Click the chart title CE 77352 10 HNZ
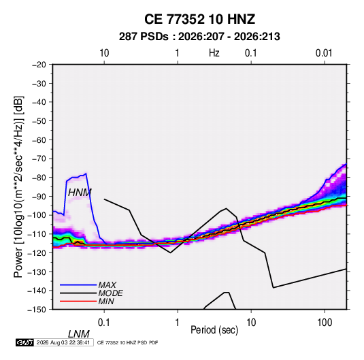pos(199,19)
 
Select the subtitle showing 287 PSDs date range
pos(199,37)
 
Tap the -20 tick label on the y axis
pos(39,65)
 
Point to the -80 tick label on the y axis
pos(39,178)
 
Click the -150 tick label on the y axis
pos(37,310)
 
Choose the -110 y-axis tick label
pos(37,234)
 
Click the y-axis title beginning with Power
pos(18,186)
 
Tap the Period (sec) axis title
pos(214,330)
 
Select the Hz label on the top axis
pos(214,53)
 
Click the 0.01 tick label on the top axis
pos(324,53)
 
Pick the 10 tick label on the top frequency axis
pos(104,53)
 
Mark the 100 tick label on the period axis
pos(325,323)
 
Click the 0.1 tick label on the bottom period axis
pos(104,323)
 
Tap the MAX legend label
pos(107,285)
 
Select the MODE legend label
pos(110,293)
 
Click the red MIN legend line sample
pos(78,301)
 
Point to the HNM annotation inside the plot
pos(80,193)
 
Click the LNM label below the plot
pos(79,334)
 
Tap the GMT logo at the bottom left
pos(25,342)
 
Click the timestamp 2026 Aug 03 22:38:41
pos(63,342)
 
